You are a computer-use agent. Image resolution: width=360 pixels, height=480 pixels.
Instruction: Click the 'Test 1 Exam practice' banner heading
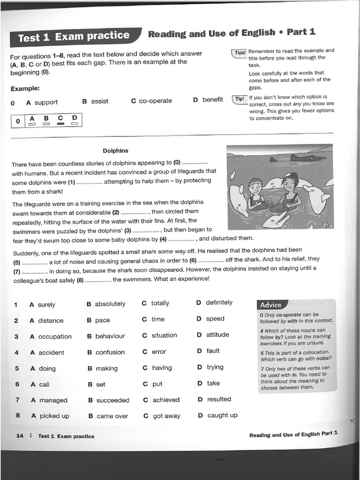click(74, 37)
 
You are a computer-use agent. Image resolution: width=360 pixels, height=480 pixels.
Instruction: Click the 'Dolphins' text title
click(115, 151)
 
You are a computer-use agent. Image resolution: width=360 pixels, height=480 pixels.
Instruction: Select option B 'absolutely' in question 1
click(110, 304)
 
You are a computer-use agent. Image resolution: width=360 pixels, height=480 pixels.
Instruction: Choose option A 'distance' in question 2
click(51, 321)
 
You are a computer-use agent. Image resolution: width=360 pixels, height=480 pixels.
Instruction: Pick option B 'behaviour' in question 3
click(110, 336)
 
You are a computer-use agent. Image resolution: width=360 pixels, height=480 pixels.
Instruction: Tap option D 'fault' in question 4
click(212, 351)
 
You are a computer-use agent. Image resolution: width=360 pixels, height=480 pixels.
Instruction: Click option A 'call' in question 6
click(44, 384)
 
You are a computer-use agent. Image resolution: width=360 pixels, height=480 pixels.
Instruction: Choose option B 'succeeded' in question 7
click(112, 400)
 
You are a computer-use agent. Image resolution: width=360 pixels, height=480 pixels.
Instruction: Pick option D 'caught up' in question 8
click(222, 415)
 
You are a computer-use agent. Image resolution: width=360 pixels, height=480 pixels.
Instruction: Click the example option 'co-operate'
click(155, 101)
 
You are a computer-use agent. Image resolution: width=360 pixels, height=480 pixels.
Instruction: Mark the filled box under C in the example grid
click(60, 124)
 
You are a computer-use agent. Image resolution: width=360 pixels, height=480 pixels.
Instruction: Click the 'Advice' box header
click(271, 305)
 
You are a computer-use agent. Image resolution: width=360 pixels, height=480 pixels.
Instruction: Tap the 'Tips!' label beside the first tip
click(240, 52)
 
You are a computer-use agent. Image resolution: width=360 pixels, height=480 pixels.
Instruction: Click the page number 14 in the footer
click(20, 436)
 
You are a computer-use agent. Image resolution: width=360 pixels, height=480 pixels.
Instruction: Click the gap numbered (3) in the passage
click(146, 231)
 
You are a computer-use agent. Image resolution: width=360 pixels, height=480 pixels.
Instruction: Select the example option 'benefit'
click(212, 99)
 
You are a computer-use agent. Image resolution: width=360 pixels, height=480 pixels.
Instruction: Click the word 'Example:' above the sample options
click(25, 88)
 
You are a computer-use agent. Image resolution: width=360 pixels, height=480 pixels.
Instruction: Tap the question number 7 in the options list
click(17, 400)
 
